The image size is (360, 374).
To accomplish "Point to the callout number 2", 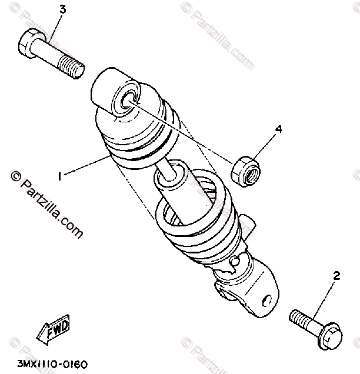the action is (x=336, y=276).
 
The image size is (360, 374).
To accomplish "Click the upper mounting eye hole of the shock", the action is (x=125, y=102).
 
